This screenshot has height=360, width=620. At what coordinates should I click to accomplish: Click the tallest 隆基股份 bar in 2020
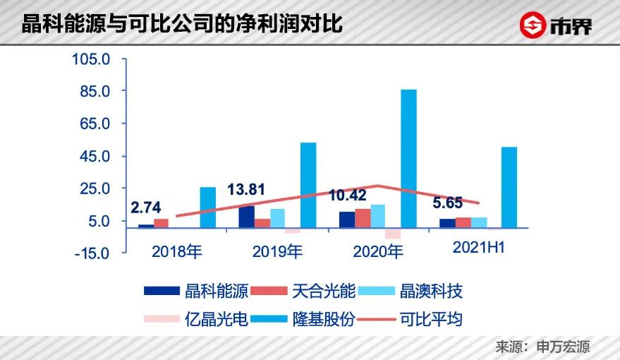408,158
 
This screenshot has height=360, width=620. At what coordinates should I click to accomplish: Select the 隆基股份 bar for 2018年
207,208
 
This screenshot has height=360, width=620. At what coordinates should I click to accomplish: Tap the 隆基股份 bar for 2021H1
509,187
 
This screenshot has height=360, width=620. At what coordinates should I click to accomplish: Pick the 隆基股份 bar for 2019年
308,185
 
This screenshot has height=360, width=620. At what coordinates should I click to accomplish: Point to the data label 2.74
146,208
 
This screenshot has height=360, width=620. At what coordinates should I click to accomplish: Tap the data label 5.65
447,203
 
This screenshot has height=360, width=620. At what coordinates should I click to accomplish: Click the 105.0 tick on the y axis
91,59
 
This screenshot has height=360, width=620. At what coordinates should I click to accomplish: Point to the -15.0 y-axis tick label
91,253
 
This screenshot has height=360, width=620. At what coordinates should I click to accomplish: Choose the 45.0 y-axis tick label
95,156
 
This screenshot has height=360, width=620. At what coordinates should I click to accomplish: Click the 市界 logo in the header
557,26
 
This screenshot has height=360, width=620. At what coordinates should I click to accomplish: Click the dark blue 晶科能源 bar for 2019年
246,216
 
